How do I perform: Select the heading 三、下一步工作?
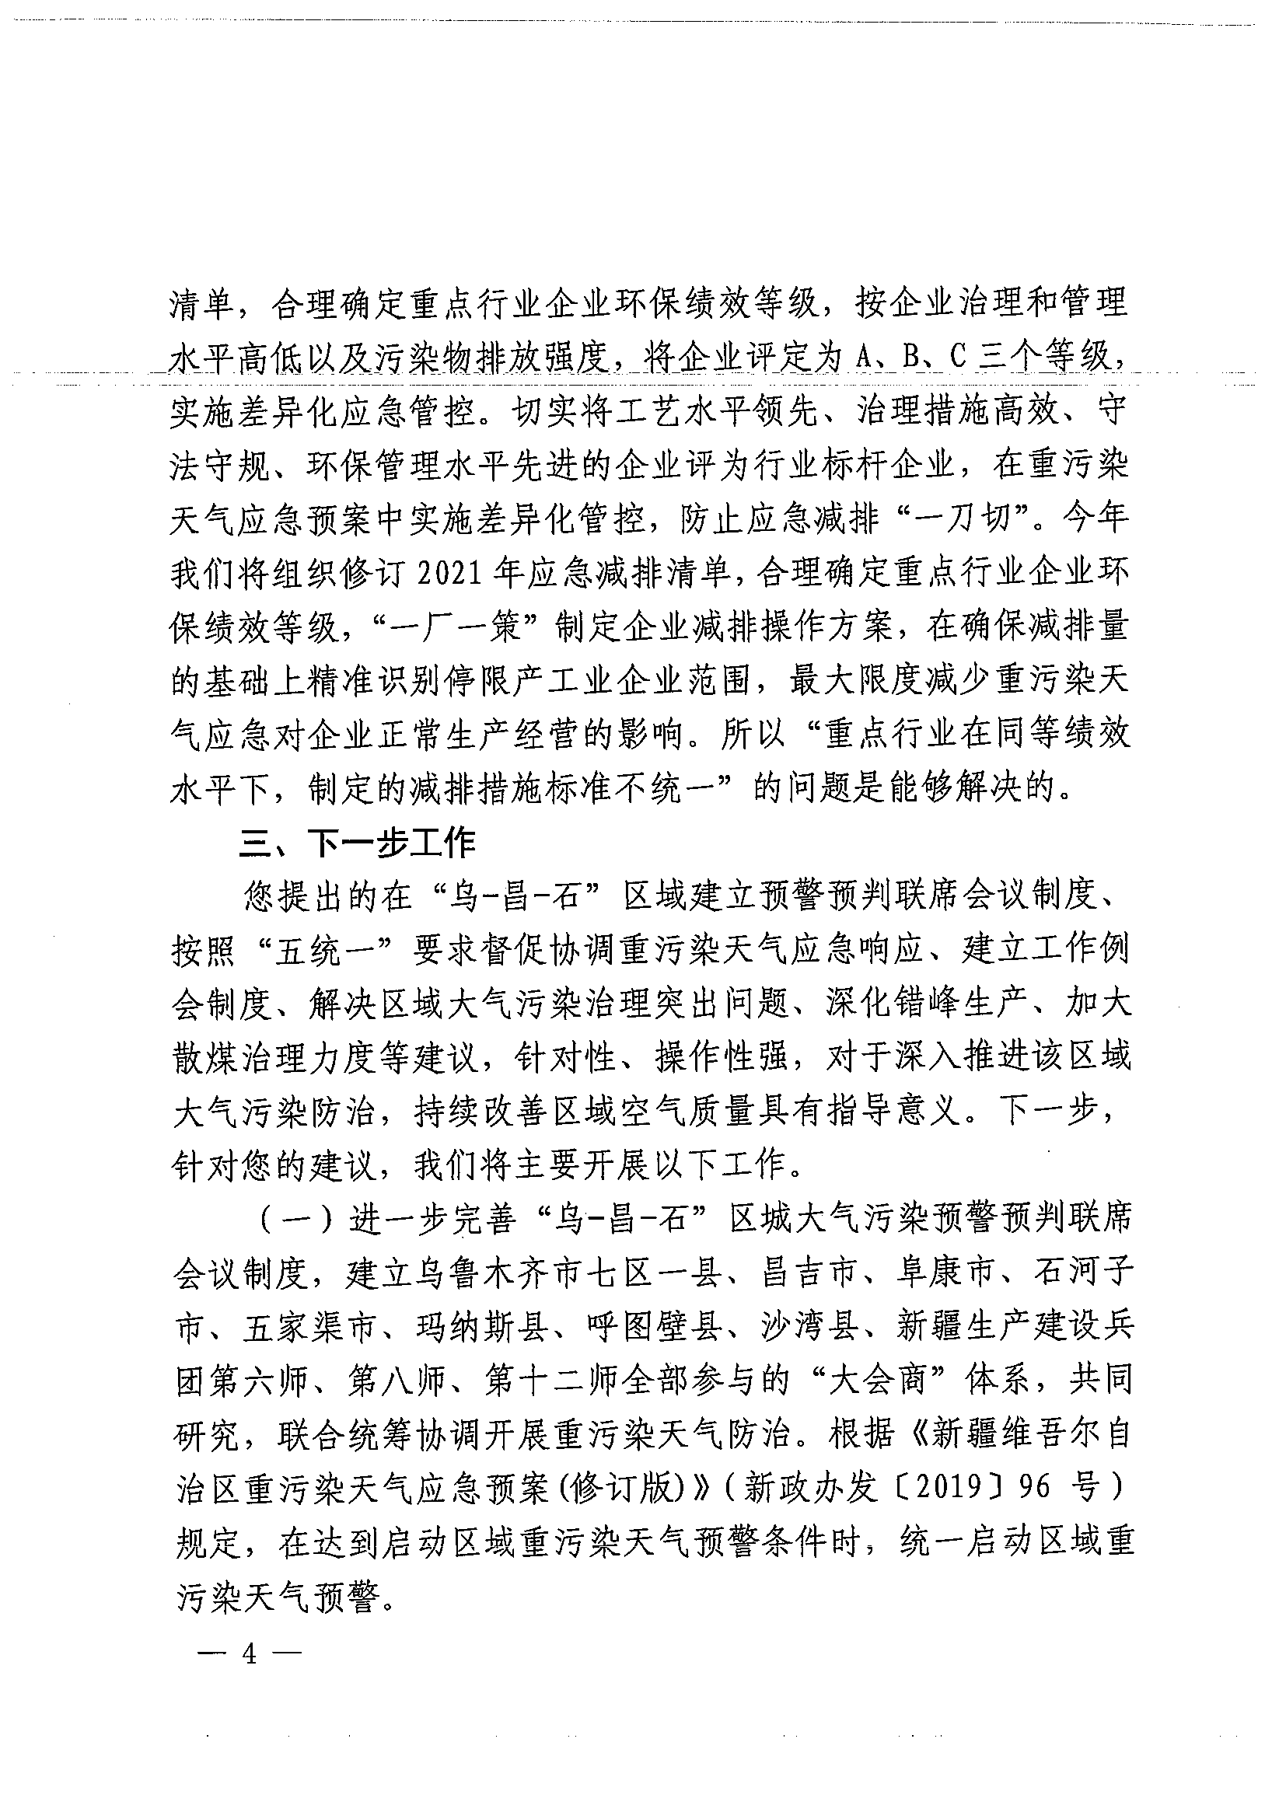(x=358, y=844)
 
